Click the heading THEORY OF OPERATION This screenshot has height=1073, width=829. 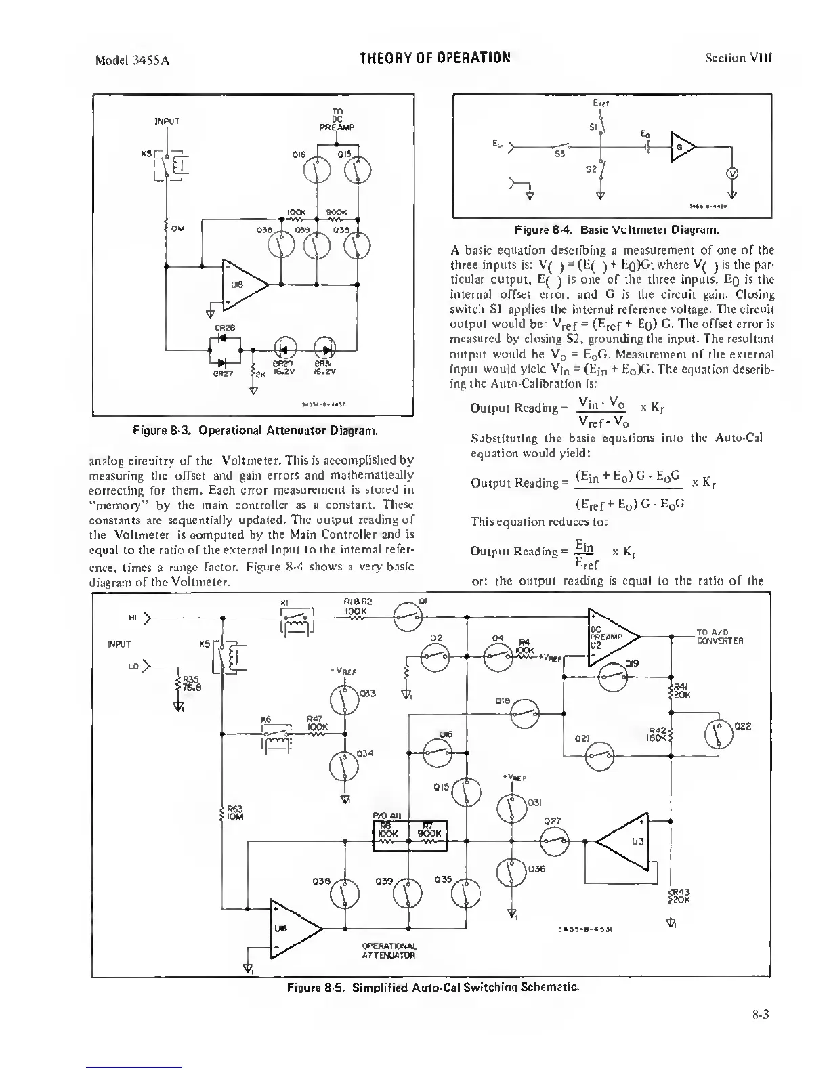[x=435, y=57]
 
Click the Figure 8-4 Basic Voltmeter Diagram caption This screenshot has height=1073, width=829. [x=612, y=229]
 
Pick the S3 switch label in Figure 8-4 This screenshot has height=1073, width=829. [x=559, y=155]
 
